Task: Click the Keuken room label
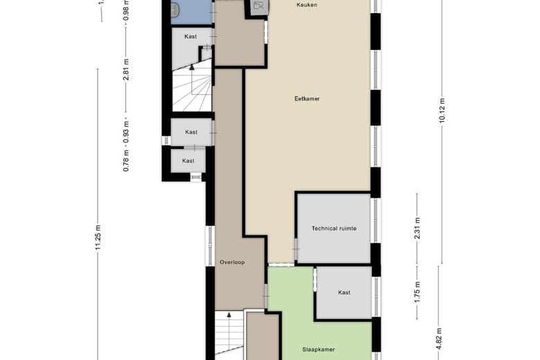pos(307,5)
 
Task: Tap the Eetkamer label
pos(307,98)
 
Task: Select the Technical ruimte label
pos(334,228)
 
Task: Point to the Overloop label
pos(232,262)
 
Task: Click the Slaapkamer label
pos(318,350)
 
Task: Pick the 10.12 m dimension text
pos(442,110)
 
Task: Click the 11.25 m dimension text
pos(98,237)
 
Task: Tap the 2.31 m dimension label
pos(417,228)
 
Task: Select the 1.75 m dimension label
pos(417,292)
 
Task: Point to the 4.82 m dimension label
pos(439,339)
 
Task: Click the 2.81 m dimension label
pos(127,69)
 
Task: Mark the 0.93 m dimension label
pos(127,132)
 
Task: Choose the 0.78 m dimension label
pos(127,161)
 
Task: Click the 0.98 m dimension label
pos(127,10)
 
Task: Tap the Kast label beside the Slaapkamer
pos(344,292)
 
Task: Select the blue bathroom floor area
pos(192,12)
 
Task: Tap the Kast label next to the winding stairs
pos(190,37)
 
